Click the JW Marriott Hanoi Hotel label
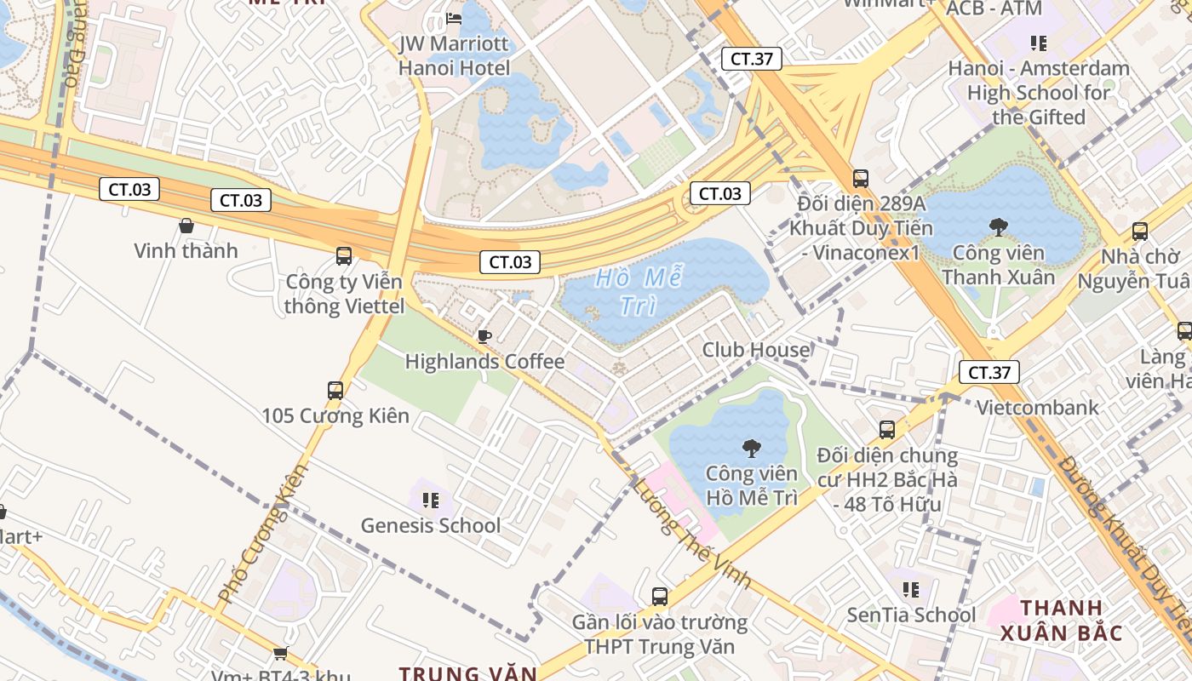pyautogui.click(x=455, y=56)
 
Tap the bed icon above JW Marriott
pyautogui.click(x=454, y=19)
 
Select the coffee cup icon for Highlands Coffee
pyautogui.click(x=484, y=336)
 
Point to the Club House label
pyautogui.click(x=755, y=350)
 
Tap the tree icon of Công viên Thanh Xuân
pyautogui.click(x=998, y=227)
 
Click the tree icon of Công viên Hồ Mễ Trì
pyautogui.click(x=751, y=449)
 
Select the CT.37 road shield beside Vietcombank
pyautogui.click(x=989, y=372)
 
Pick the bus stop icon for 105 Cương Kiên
pyautogui.click(x=335, y=391)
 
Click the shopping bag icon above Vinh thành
pyautogui.click(x=186, y=226)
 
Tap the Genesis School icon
pyautogui.click(x=431, y=500)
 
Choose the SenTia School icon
pyautogui.click(x=911, y=589)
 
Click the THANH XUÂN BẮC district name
pyautogui.click(x=1061, y=621)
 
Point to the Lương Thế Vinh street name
pyautogui.click(x=691, y=533)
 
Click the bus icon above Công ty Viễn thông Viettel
pyautogui.click(x=344, y=255)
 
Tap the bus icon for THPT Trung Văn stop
pyautogui.click(x=660, y=597)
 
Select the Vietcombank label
pyautogui.click(x=1037, y=408)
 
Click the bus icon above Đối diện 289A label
pyautogui.click(x=861, y=179)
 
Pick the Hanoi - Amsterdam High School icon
pyautogui.click(x=1038, y=43)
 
